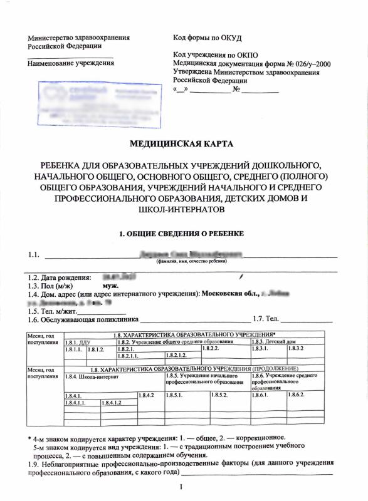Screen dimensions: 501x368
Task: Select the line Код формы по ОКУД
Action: (x=207, y=38)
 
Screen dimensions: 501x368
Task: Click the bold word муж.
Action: (x=102, y=284)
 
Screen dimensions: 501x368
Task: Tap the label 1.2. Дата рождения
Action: (x=59, y=276)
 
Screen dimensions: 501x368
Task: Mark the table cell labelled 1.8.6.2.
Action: (x=296, y=395)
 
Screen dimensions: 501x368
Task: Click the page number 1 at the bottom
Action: (x=181, y=486)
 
